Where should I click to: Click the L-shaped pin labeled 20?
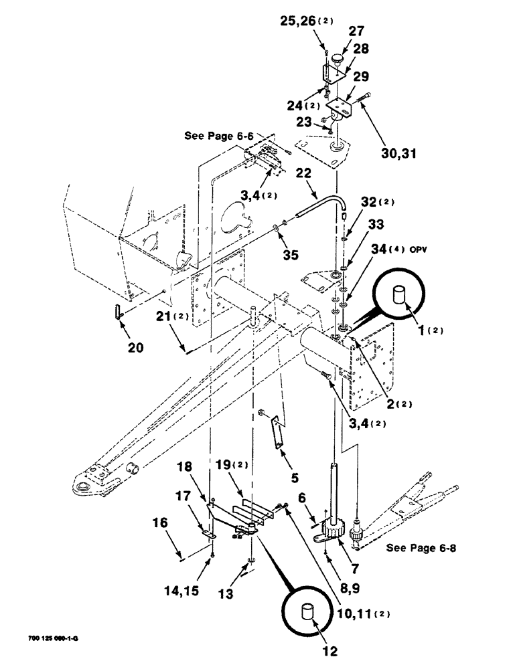click(x=119, y=312)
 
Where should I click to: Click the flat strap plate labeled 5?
click(x=277, y=434)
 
